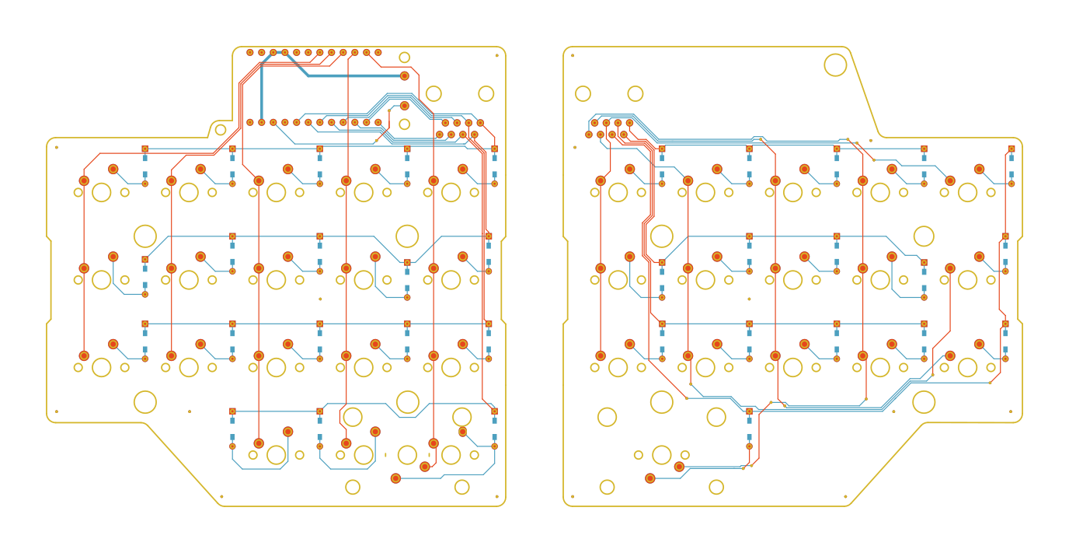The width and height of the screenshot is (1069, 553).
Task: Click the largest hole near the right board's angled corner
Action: tap(835, 65)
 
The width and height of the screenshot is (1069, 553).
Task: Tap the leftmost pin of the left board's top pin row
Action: tap(250, 53)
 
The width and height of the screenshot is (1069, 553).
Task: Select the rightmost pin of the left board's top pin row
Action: tap(378, 53)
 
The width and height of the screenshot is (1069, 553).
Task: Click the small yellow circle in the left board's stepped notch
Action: tap(221, 129)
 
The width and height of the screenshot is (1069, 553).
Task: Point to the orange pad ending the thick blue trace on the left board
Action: tap(404, 76)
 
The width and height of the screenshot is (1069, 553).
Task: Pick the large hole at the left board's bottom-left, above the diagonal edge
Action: tap(145, 402)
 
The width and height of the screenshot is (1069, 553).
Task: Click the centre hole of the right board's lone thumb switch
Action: tap(662, 455)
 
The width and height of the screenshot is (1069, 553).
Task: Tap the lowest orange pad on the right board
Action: tap(650, 478)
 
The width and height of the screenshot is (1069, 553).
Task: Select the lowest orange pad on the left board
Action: tap(395, 478)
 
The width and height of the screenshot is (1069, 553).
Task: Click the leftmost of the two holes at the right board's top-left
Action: tap(583, 93)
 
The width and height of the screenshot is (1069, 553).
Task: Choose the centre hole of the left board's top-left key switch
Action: tap(102, 192)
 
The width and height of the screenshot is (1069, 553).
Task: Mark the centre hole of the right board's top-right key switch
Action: tap(968, 192)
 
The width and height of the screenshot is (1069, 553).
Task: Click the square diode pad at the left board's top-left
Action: tap(145, 149)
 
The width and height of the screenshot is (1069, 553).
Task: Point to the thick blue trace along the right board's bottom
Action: tap(831, 408)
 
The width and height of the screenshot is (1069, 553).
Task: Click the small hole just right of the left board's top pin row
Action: tap(404, 57)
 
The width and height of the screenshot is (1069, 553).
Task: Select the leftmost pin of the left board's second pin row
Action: tap(250, 122)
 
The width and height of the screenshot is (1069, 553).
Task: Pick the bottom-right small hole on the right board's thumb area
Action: tap(716, 487)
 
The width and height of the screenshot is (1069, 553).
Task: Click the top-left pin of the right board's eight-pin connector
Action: tap(594, 123)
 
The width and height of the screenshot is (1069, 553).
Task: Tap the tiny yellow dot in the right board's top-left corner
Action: tap(573, 56)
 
